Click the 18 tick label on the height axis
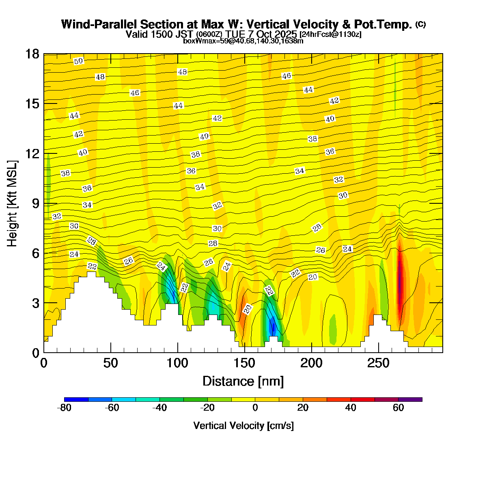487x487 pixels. pos(32,54)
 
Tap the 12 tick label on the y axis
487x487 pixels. pos(32,153)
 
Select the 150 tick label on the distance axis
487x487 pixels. pos(244,363)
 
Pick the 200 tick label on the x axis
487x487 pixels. pos(311,363)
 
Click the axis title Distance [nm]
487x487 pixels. pos(243,381)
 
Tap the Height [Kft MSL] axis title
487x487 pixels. pos(13,203)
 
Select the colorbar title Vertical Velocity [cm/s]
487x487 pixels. pos(243,426)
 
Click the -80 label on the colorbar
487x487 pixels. pos(65,408)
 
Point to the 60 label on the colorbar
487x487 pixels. pos(398,408)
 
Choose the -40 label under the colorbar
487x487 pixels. pos(160,408)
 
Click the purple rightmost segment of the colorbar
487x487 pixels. pos(410,399)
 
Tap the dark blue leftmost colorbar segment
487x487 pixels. pos(76,399)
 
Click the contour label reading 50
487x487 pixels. pos(79,61)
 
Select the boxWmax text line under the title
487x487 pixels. pos(243,41)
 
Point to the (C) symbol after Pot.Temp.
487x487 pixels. pos(420,24)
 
